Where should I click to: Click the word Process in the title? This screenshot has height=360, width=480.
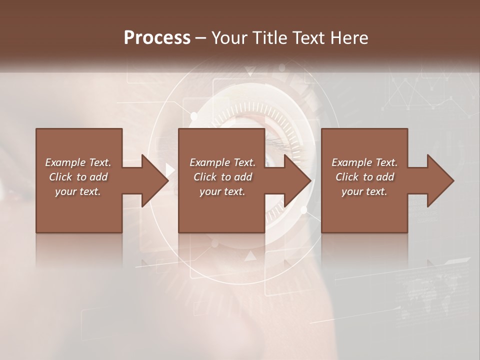coord(157,37)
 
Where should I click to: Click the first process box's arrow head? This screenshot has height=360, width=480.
coord(154,180)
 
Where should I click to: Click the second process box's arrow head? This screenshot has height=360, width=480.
coord(297,180)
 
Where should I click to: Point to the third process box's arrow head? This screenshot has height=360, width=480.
coord(440,180)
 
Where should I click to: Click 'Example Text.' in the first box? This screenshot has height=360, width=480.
coord(78,162)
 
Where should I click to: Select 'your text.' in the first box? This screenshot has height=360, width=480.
coord(78,191)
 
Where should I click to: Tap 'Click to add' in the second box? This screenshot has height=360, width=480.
coord(222,177)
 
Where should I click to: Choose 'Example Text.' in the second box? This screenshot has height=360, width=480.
coord(222,162)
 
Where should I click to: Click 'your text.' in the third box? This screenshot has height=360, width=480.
coord(364,191)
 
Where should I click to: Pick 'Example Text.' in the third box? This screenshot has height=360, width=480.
coord(364,162)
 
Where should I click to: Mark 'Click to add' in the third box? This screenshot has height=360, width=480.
coord(364,177)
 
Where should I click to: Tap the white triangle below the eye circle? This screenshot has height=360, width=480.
coord(250,256)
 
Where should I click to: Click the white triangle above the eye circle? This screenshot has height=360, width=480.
coord(250,71)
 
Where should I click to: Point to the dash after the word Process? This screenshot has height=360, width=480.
coord(201,38)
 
